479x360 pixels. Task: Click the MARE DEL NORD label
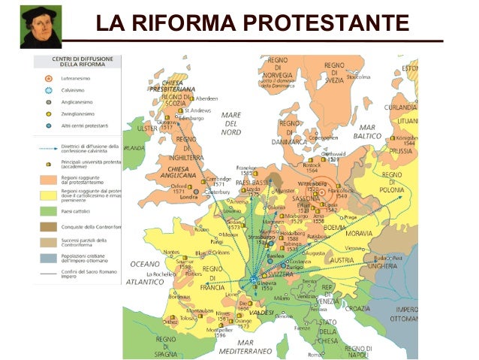pos(230,123)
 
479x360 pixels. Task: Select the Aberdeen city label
pos(206,98)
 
